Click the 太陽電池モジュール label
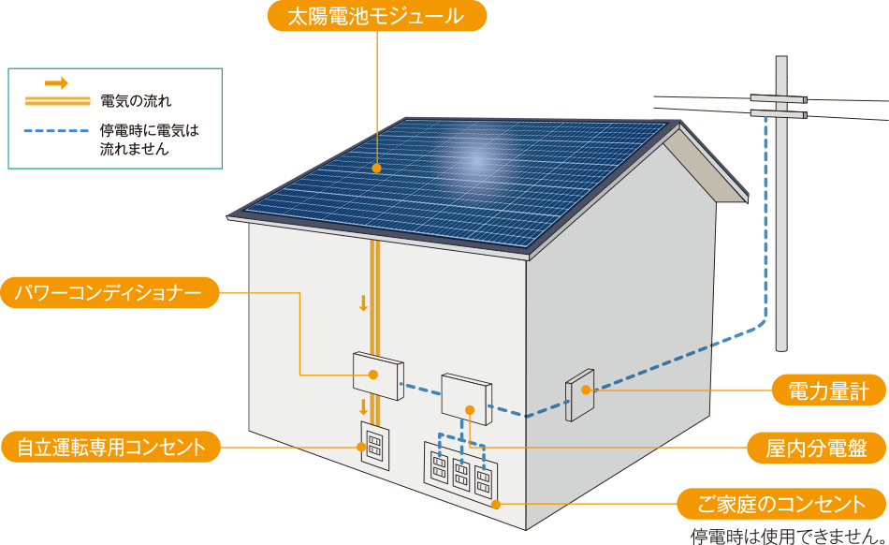point(377,16)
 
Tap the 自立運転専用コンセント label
point(110,447)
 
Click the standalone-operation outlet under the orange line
point(374,449)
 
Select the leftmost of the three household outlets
point(438,466)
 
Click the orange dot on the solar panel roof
point(376,169)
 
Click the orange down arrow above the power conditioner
point(363,303)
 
